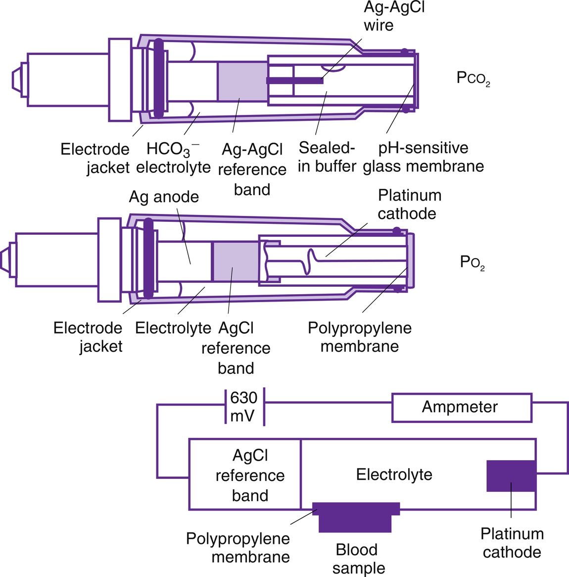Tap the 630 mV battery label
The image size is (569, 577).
coord(244,407)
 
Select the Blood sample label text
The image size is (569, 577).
coord(358,559)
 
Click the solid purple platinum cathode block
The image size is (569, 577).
coord(511,476)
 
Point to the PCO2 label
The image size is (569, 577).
coord(473,79)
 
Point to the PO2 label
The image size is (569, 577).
coord(472,262)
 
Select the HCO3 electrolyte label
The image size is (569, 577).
coord(173,158)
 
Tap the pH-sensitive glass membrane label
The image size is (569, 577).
coord(423,157)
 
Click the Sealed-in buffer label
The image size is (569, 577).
coord(327,157)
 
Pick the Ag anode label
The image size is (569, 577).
coord(164,197)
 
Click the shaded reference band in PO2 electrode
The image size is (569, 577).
coord(236,261)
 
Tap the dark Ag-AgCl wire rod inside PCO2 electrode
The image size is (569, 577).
coord(295,81)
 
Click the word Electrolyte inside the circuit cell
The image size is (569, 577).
coord(394,474)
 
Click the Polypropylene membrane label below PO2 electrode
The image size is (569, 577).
coord(360,337)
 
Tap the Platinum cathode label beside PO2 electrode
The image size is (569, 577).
coord(409,204)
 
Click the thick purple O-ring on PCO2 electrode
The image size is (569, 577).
coord(158,78)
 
